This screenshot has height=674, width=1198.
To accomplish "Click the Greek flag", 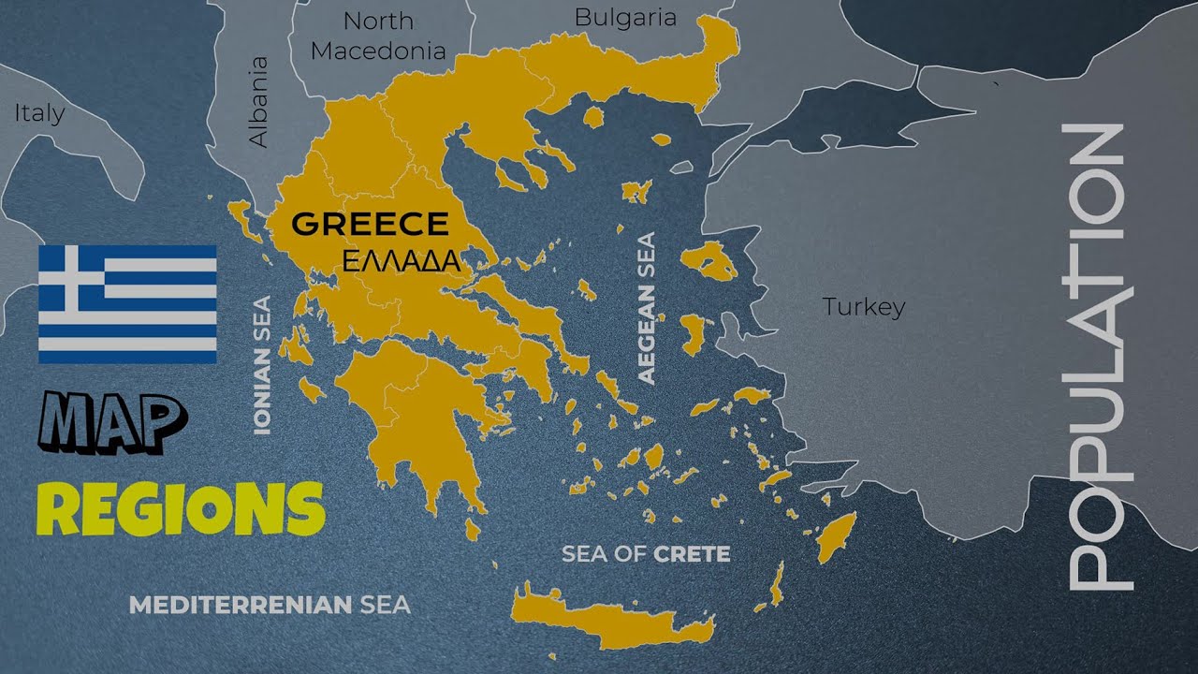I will [x=127, y=304].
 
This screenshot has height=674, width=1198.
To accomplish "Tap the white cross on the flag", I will [x=71, y=278].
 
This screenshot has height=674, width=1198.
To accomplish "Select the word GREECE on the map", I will [x=370, y=225].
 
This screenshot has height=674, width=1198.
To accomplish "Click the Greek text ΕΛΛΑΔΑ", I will [x=401, y=262].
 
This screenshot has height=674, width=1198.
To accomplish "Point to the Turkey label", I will [x=863, y=306].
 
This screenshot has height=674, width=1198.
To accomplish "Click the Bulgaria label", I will [x=624, y=17].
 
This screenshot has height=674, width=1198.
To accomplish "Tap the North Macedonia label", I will [x=377, y=36].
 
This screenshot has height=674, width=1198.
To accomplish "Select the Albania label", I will [x=257, y=101].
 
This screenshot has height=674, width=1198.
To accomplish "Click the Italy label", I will [x=39, y=113].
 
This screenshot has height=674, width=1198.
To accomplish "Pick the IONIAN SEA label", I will [x=262, y=365].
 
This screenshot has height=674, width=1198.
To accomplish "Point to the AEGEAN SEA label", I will [x=646, y=308].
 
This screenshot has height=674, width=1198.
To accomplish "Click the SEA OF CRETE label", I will [x=645, y=554].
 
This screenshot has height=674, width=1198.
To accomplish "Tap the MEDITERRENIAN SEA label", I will [x=270, y=605].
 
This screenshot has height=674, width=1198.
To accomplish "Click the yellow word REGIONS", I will [x=180, y=509].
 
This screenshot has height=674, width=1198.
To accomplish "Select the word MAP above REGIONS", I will [x=112, y=422].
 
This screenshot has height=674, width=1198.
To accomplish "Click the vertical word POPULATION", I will [x=1097, y=356].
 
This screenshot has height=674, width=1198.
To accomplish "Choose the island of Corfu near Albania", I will [x=240, y=216].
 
